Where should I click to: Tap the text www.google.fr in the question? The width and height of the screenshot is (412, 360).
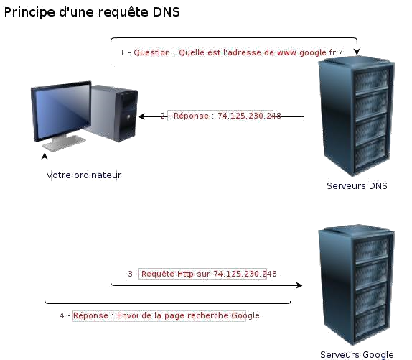pyautogui.click(x=306, y=53)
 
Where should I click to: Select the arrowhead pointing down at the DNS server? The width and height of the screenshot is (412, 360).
pyautogui.click(x=357, y=52)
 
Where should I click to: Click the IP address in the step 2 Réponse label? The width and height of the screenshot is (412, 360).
pyautogui.click(x=249, y=116)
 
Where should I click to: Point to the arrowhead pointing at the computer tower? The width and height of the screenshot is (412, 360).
pyautogui.click(x=141, y=116)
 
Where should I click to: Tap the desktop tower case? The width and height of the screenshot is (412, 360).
pyautogui.click(x=113, y=113)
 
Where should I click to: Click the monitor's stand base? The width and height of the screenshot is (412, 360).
pyautogui.click(x=64, y=144)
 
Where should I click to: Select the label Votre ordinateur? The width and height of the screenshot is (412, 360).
pyautogui.click(x=84, y=175)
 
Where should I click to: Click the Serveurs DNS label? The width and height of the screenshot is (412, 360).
pyautogui.click(x=357, y=186)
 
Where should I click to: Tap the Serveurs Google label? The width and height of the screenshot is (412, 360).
pyautogui.click(x=357, y=355)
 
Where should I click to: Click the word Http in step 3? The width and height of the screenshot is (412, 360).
pyautogui.click(x=185, y=274)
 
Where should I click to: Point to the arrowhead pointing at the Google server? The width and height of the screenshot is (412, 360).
pyautogui.click(x=299, y=285)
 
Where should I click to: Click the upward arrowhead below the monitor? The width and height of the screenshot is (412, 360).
pyautogui.click(x=45, y=156)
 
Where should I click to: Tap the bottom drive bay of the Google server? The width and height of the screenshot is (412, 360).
pyautogui.click(x=371, y=321)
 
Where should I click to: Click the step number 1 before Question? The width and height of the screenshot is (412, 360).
pyautogui.click(x=122, y=52)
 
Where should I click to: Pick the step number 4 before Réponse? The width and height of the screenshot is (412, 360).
pyautogui.click(x=62, y=315)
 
